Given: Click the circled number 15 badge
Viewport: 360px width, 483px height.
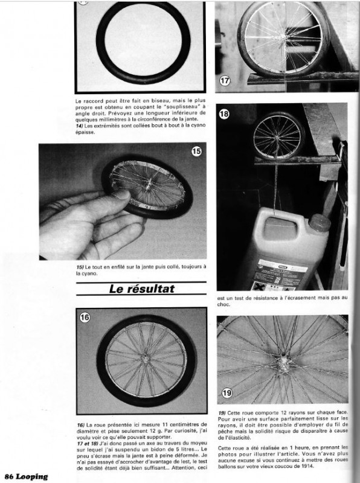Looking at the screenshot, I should (x=196, y=152).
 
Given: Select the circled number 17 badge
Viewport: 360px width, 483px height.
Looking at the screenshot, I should (x=225, y=80).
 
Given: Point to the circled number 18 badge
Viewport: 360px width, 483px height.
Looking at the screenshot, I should (x=225, y=114).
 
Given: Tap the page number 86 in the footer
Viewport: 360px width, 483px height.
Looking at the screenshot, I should (x=9, y=476).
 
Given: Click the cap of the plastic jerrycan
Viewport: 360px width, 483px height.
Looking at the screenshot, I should (x=318, y=223).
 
